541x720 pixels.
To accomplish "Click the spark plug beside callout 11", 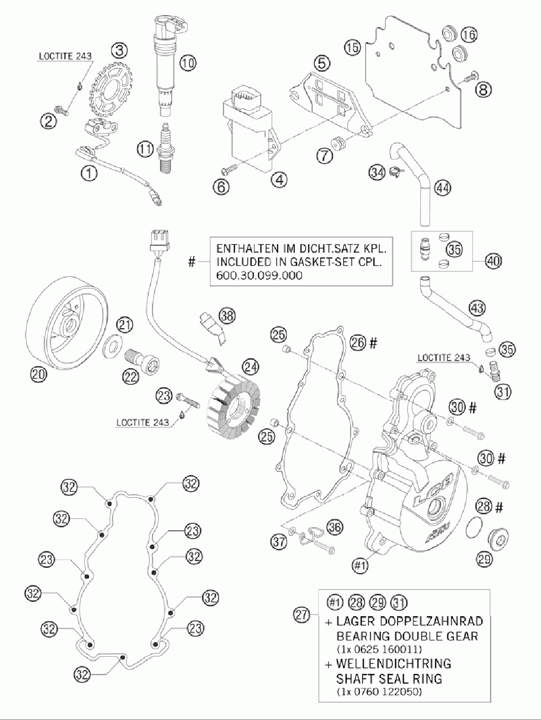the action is (x=166, y=148).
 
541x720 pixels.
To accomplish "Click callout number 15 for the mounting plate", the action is (x=352, y=48).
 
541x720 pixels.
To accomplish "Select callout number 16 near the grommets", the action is (x=469, y=35).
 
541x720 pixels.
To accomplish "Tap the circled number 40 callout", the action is (x=493, y=262).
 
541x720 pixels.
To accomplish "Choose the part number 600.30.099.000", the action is (x=259, y=275).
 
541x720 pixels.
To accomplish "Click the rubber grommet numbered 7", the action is (x=338, y=143).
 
